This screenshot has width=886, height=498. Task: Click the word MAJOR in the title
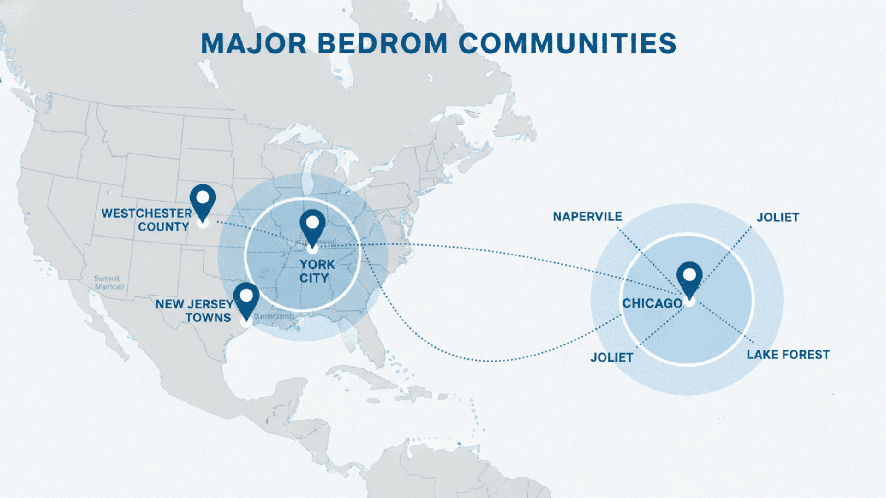[254, 44]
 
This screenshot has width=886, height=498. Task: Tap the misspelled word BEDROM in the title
[383, 44]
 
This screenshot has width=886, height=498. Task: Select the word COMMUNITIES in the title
[567, 44]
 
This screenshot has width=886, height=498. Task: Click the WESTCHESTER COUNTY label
[146, 220]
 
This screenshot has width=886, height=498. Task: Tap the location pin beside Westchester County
[203, 201]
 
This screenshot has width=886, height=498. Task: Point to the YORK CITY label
[317, 271]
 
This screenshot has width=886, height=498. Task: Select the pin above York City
[312, 226]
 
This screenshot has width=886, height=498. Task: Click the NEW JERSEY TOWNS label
[194, 311]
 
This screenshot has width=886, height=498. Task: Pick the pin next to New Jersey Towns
[246, 299]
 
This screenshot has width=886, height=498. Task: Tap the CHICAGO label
[652, 303]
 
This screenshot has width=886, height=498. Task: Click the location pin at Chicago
[689, 279]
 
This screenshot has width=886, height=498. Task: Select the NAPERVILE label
[587, 217]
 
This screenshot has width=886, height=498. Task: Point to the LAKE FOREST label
[788, 355]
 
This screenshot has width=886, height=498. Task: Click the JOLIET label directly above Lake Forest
[778, 218]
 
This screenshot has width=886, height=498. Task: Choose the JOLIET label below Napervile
[611, 357]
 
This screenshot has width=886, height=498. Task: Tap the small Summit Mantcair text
[109, 283]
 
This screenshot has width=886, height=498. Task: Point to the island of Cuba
[365, 376]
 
